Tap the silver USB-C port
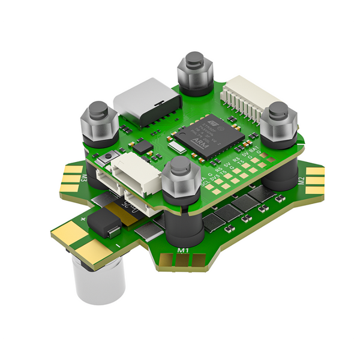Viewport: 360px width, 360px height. click(148, 103)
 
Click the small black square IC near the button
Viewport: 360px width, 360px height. click(143, 146)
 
